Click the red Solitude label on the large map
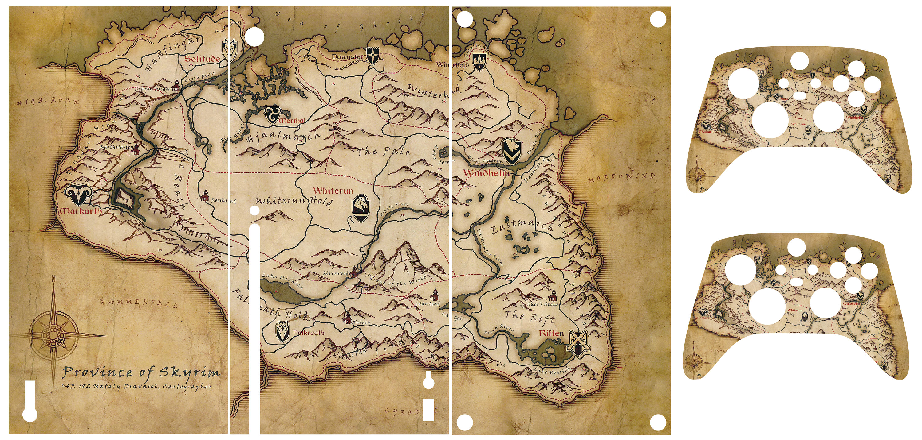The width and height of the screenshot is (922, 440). pyautogui.click(x=202, y=59)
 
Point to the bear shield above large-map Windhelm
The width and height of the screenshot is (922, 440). pyautogui.click(x=512, y=150)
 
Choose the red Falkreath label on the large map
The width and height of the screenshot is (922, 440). pyautogui.click(x=309, y=333)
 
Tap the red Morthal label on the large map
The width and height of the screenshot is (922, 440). pyautogui.click(x=292, y=121)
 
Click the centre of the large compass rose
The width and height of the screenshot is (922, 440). pyautogui.click(x=54, y=335)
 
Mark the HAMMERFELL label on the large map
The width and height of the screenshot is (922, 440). pyautogui.click(x=139, y=303)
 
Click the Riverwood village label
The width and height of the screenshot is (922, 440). pyautogui.click(x=335, y=273)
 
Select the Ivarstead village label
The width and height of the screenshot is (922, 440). pyautogui.click(x=428, y=304)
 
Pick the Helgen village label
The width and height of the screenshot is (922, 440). pyautogui.click(x=361, y=322)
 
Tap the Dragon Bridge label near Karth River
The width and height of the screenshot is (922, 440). pyautogui.click(x=152, y=89)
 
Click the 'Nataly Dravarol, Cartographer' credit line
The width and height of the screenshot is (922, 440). pyautogui.click(x=152, y=386)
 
